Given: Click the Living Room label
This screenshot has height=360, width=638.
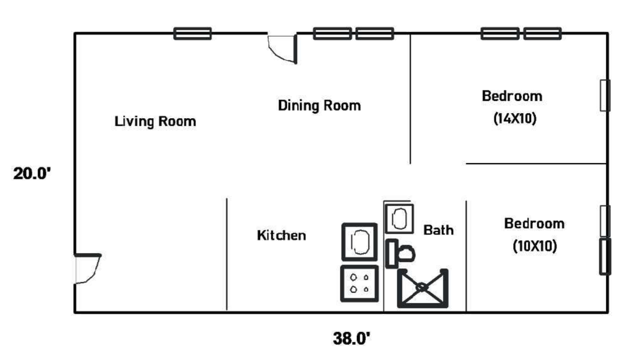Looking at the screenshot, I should coord(155,122).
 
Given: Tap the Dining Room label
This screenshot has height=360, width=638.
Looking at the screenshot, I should coord(319,106).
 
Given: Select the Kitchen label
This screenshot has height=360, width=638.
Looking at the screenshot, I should coord(281,236).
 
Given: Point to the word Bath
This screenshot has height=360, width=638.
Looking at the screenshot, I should coord(438,230).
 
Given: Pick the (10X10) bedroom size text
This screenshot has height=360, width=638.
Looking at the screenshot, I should coord(534,246).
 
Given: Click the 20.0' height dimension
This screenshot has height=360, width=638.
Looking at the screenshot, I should coord(33,174).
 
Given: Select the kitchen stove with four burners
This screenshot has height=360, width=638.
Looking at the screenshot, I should coord(359,284).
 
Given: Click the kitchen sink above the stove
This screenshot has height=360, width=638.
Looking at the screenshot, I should coord(360,241).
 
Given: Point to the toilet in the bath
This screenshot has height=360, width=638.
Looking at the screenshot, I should coord(401,253).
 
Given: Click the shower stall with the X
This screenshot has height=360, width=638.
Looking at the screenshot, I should coord(422,288).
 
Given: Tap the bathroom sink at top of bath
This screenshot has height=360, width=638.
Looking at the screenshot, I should coord(399,218).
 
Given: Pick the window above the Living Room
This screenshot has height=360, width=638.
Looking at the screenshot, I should coord(192,34).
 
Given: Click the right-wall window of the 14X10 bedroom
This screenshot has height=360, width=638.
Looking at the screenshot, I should coord(605,96).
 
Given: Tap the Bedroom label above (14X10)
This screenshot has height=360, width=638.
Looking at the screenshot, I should coord(512,96).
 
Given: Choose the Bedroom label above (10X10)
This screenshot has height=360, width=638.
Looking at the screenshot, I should coord(534,224).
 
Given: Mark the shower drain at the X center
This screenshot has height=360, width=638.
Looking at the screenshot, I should coord(422,287).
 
